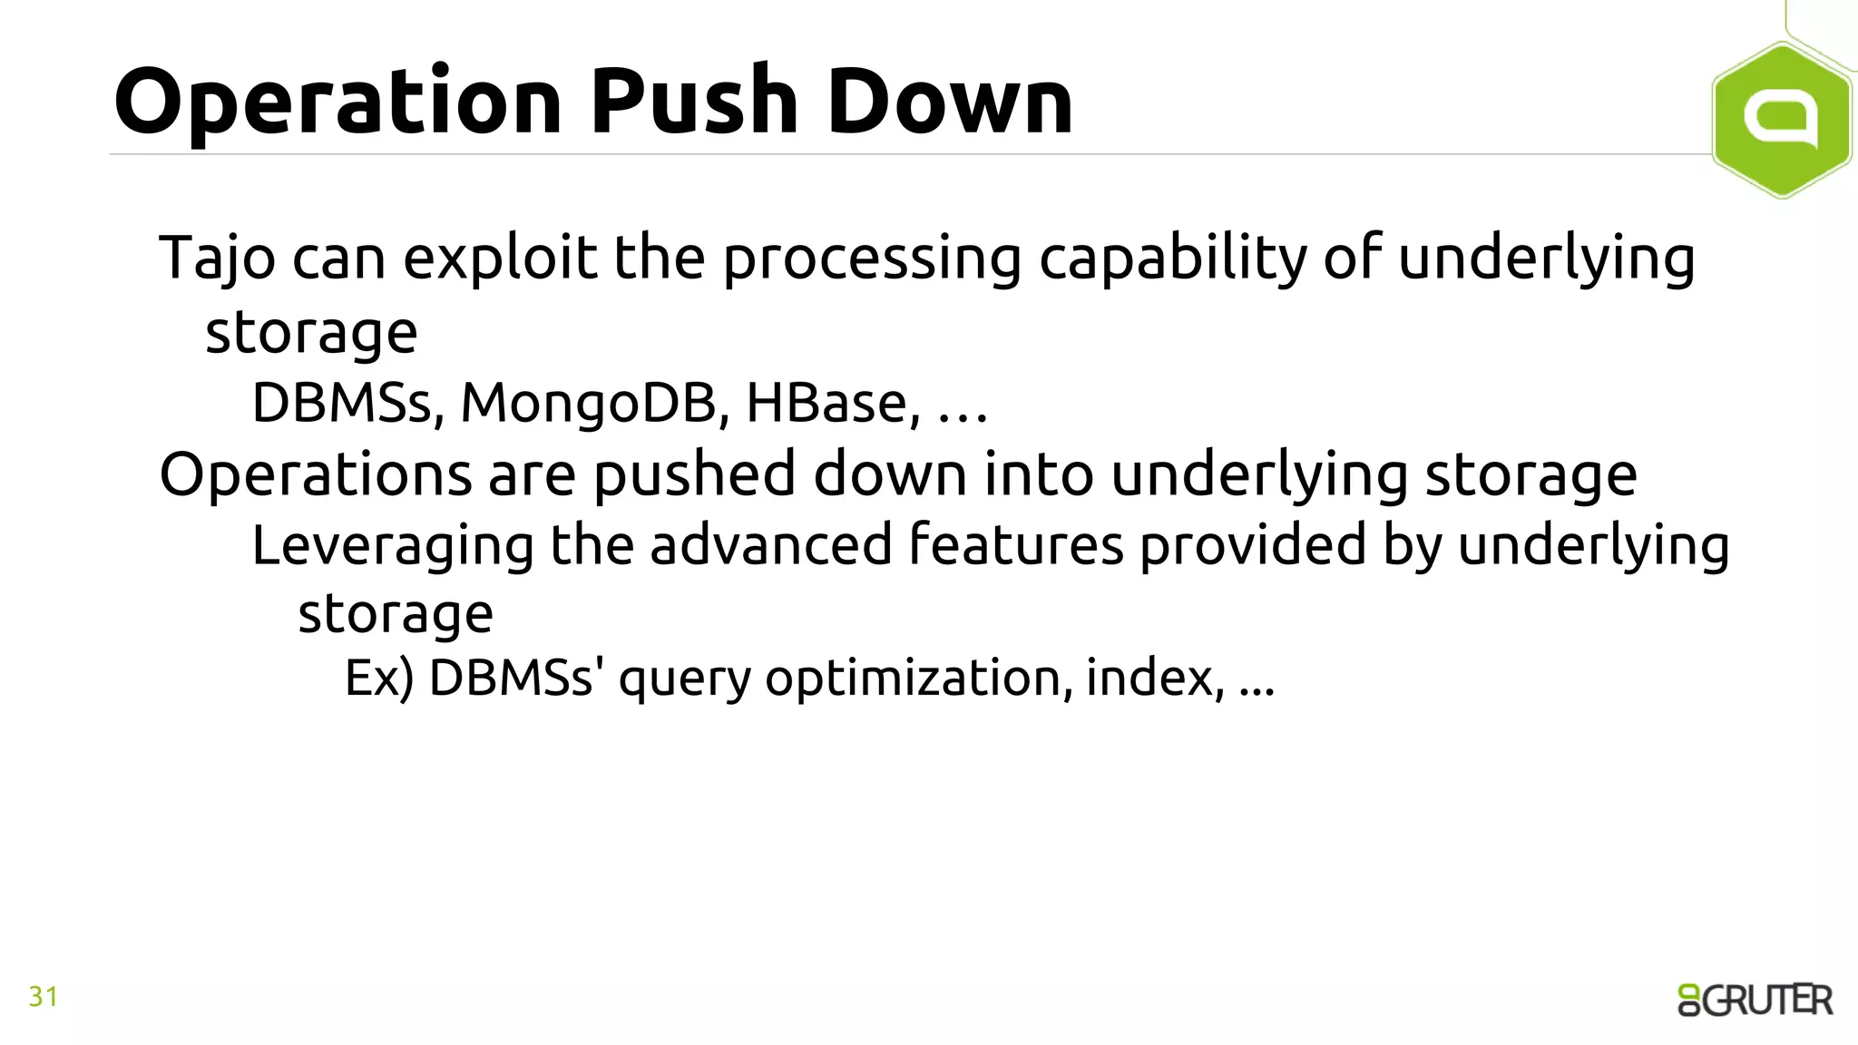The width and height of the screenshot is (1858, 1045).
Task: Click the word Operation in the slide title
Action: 338,102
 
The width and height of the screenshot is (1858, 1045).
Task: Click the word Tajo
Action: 217,259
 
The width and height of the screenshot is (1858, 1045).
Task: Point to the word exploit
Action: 500,259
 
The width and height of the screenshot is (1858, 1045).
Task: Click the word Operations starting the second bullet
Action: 316,474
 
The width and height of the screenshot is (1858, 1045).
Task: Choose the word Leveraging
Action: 393,546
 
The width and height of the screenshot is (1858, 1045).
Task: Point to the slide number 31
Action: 44,997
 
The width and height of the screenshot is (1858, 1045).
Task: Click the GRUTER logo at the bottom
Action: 1755,1000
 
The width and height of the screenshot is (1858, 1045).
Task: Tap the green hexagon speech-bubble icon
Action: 1781,120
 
